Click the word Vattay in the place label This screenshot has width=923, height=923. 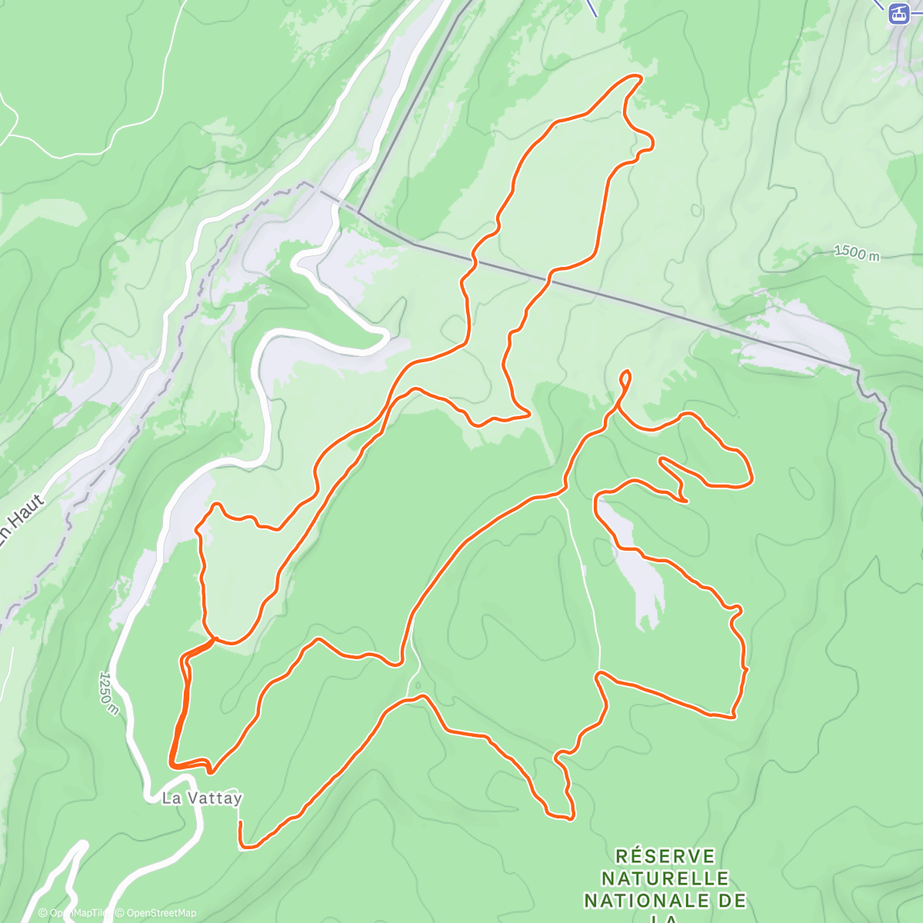(x=213, y=798)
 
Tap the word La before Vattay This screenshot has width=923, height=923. (x=171, y=798)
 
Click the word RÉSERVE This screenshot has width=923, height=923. (x=665, y=857)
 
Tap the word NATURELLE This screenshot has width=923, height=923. (x=665, y=878)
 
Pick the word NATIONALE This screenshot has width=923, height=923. (x=644, y=900)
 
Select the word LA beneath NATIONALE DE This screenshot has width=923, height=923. (x=665, y=919)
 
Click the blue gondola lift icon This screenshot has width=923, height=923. (x=898, y=13)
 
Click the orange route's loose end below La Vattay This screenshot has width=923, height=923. (x=240, y=823)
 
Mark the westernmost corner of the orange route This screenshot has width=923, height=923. (x=170, y=761)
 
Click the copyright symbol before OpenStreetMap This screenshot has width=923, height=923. (x=120, y=913)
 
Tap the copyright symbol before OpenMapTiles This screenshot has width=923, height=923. (x=44, y=913)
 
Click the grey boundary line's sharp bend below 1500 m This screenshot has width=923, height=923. (x=858, y=371)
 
